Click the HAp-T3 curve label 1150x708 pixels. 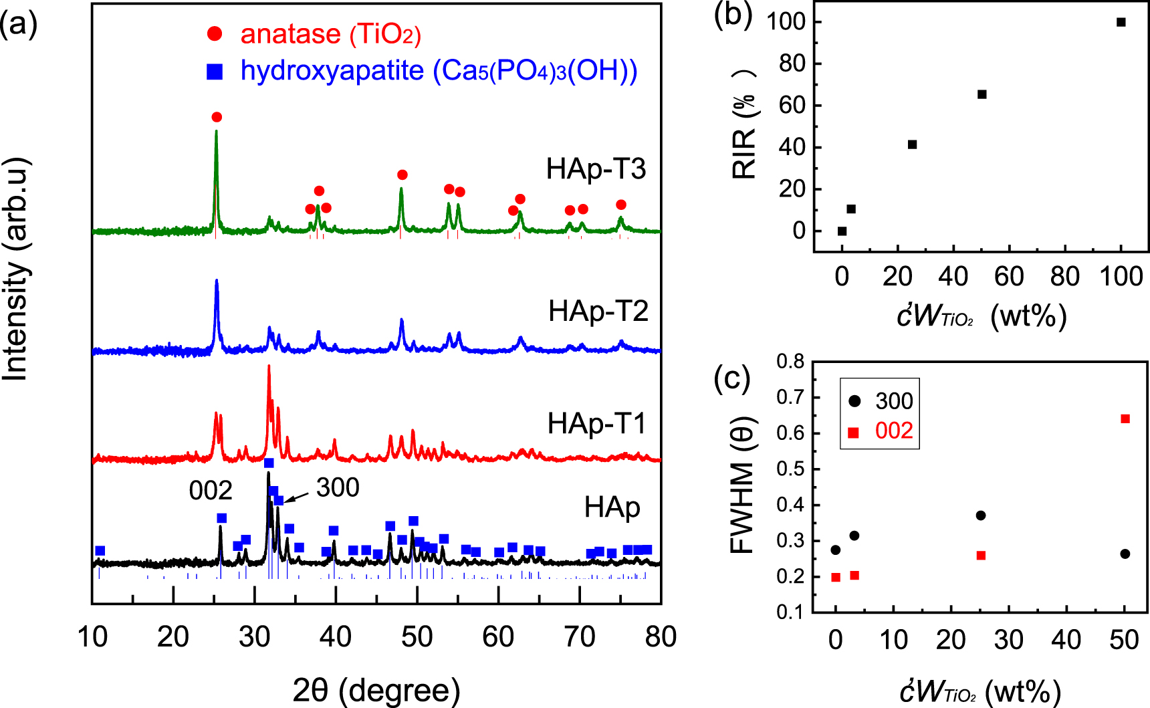[x=596, y=169]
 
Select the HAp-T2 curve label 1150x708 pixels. [x=598, y=312]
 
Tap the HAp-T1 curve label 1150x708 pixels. [x=596, y=424]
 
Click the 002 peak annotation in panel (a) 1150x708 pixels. [x=210, y=491]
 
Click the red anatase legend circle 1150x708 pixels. [x=215, y=34]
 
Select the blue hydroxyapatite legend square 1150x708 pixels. [x=215, y=72]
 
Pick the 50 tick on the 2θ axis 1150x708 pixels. [x=417, y=636]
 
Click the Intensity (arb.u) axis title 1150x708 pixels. [x=16, y=269]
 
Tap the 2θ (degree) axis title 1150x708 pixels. [x=376, y=690]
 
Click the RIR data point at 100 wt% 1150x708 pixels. [x=1121, y=22]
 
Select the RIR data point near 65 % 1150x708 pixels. [x=982, y=94]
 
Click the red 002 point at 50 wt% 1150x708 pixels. [x=1125, y=419]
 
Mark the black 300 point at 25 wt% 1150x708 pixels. [x=981, y=515]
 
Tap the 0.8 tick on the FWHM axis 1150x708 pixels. [x=790, y=362]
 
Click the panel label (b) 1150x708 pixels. [x=733, y=15]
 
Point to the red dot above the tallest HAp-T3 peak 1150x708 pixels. [x=217, y=117]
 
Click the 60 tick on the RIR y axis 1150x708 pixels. [x=792, y=106]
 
